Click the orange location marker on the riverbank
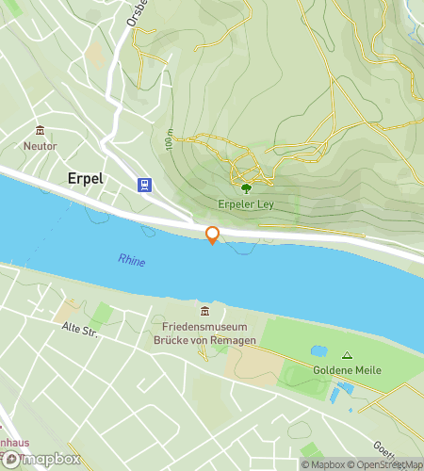[x=212, y=235]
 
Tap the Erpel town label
[x=86, y=178]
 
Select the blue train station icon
[x=144, y=185]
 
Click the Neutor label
[x=40, y=147]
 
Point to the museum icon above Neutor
[x=40, y=131]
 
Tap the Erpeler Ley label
[x=247, y=203]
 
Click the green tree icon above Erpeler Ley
[x=247, y=187]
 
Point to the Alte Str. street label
[x=80, y=329]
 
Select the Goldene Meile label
[x=348, y=370]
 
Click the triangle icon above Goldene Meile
[x=347, y=355]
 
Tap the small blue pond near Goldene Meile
[x=318, y=351]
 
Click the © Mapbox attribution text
[x=323, y=464]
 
